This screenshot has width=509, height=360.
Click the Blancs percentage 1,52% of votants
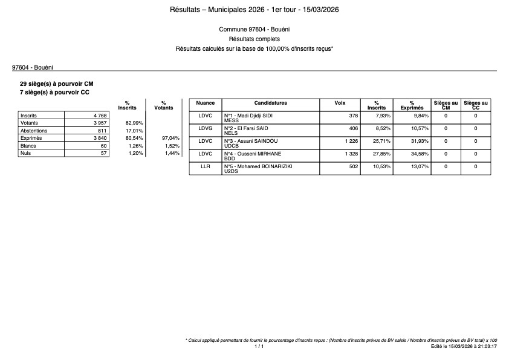tap(172, 146)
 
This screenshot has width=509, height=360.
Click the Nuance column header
tap(206, 103)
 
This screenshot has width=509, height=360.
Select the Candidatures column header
tap(270, 103)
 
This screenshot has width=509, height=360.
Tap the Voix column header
tap(340, 103)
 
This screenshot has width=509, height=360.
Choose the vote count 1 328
tap(350, 154)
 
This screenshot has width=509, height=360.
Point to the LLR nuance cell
tap(206, 166)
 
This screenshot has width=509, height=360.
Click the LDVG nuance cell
tap(206, 128)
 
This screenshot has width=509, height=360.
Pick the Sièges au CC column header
tap(476, 106)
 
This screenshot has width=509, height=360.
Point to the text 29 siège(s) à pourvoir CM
tap(57, 83)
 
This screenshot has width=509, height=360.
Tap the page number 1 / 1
tap(259, 347)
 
